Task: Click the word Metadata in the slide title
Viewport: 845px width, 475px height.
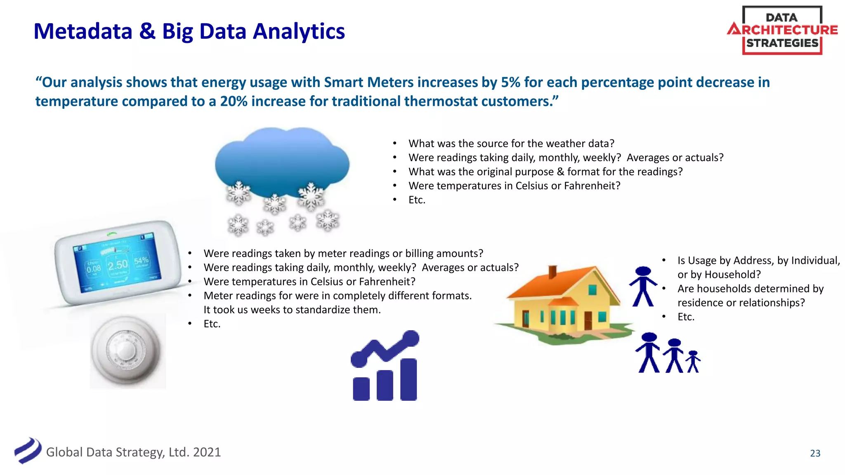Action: [x=83, y=31]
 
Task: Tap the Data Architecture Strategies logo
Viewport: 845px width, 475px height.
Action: [x=782, y=30]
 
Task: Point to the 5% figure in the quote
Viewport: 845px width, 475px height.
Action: [x=510, y=82]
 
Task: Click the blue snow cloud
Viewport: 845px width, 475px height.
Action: [x=282, y=163]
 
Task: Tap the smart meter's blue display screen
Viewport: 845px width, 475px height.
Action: [x=117, y=264]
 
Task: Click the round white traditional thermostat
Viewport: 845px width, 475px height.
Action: [x=126, y=350]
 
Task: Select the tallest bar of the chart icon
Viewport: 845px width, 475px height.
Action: [x=408, y=379]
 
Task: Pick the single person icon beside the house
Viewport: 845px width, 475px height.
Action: [x=642, y=287]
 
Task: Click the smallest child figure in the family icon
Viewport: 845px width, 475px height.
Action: [x=693, y=362]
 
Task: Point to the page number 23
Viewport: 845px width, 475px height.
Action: [x=815, y=453]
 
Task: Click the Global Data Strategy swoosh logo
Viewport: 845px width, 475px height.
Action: [x=28, y=450]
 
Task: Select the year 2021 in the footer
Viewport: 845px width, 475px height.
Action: [x=207, y=452]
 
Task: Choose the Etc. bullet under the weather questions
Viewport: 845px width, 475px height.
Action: [x=417, y=200]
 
